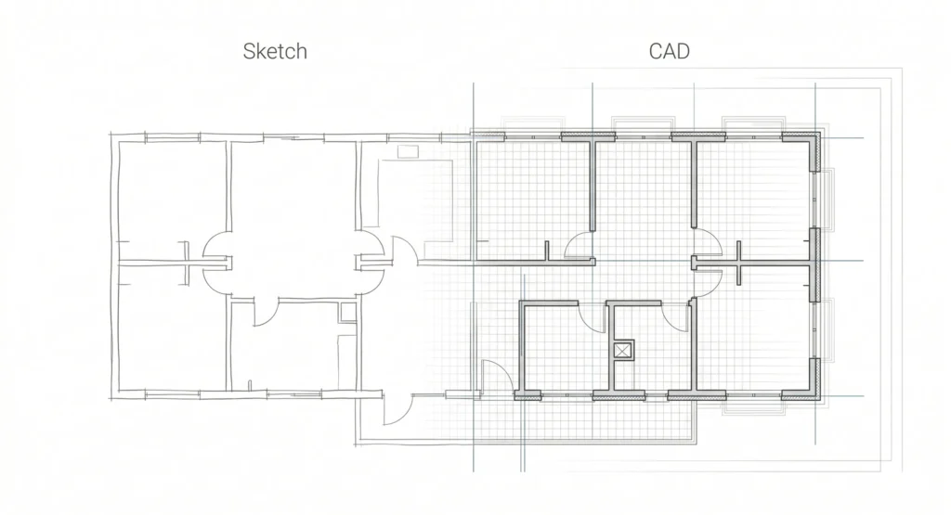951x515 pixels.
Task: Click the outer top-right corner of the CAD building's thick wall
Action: pyautogui.click(x=821, y=133)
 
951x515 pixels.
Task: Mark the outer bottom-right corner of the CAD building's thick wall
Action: pyautogui.click(x=821, y=400)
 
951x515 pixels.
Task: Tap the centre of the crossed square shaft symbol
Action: pyautogui.click(x=621, y=350)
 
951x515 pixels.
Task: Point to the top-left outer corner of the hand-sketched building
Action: pyautogui.click(x=111, y=135)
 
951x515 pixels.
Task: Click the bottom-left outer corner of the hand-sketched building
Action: pyautogui.click(x=111, y=398)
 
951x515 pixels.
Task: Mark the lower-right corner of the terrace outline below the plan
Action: pyautogui.click(x=696, y=443)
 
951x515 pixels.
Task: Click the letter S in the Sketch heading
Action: pyautogui.click(x=249, y=52)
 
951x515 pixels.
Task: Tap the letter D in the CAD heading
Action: pyautogui.click(x=683, y=52)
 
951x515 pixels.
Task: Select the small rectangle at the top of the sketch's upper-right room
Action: pyautogui.click(x=408, y=151)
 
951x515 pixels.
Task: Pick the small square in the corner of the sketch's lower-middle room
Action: pyautogui.click(x=347, y=312)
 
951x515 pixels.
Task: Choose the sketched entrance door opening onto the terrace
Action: pyautogui.click(x=397, y=409)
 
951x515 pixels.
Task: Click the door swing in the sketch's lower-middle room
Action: pyautogui.click(x=266, y=312)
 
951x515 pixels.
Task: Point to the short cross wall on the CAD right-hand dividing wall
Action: pyautogui.click(x=738, y=263)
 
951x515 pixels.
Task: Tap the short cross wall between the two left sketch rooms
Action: pyautogui.click(x=187, y=263)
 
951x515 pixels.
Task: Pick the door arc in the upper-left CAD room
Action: pyautogui.click(x=578, y=245)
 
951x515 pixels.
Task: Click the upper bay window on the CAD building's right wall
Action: pyautogui.click(x=826, y=200)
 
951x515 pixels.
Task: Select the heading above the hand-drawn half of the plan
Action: pyautogui.click(x=275, y=52)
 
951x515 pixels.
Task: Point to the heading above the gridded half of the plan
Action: pyautogui.click(x=670, y=52)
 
